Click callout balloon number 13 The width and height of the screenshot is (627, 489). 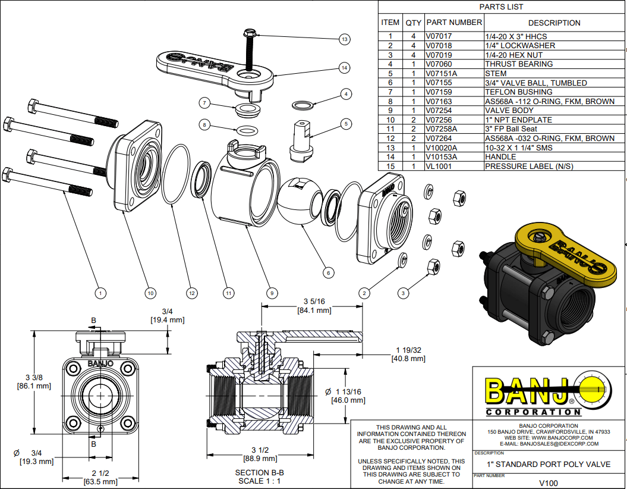pyautogui.click(x=344, y=39)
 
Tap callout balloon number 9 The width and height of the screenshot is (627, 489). pyautogui.click(x=272, y=293)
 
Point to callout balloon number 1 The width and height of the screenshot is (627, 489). pyautogui.click(x=100, y=293)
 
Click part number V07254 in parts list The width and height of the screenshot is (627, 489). pyautogui.click(x=439, y=111)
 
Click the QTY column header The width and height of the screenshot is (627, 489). pyautogui.click(x=413, y=23)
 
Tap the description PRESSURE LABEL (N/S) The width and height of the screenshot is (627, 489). pyautogui.click(x=529, y=167)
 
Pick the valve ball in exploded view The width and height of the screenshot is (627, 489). pyautogui.click(x=300, y=199)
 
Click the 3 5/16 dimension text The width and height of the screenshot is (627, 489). pyautogui.click(x=313, y=301)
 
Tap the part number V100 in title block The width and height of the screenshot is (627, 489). pyautogui.click(x=549, y=483)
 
